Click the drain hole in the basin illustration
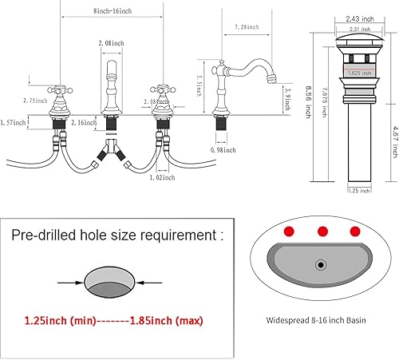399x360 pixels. (322, 263)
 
